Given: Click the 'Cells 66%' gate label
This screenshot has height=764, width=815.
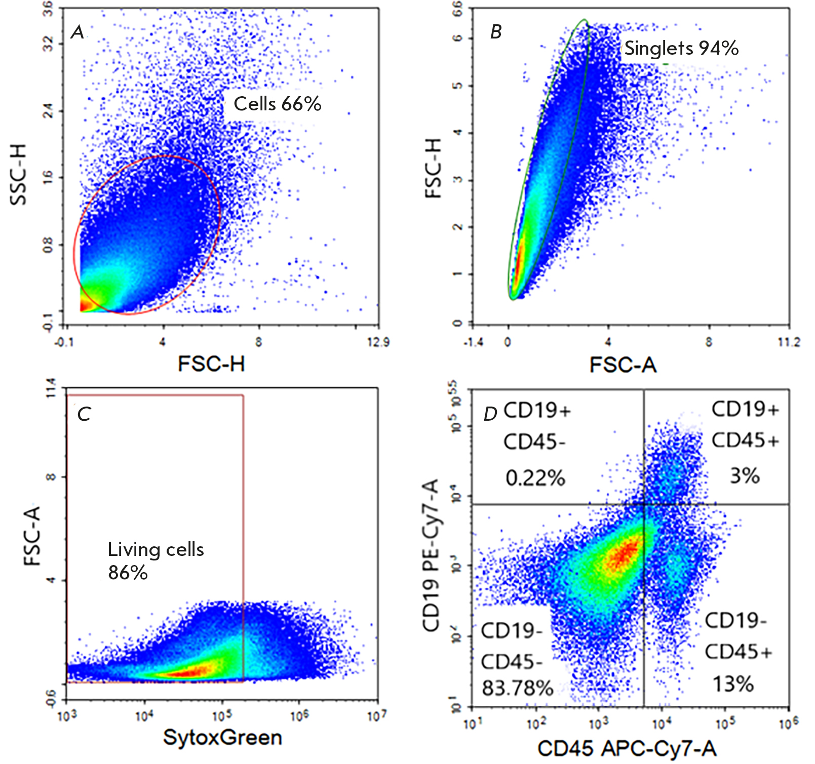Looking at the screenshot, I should [277, 104].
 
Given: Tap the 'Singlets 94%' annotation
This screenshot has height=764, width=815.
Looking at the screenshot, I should [681, 48].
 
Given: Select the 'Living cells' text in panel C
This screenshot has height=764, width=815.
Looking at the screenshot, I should [156, 549].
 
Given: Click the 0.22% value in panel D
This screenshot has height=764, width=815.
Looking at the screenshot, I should [535, 477].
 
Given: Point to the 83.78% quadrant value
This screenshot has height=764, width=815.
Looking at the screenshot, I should [517, 688].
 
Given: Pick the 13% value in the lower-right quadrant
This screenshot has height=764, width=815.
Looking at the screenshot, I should [733, 685].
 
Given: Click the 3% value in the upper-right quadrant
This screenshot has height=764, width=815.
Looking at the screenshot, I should [744, 476].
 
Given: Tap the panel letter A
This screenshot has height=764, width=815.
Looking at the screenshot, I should [77, 32].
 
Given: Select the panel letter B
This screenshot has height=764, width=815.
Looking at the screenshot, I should [496, 32].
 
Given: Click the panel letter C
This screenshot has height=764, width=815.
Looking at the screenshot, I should [84, 414].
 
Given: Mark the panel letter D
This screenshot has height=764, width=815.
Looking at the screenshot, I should [490, 414].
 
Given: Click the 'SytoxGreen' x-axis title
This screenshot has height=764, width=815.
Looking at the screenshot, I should [222, 738].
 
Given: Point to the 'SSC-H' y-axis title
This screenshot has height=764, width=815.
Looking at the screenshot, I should [19, 175].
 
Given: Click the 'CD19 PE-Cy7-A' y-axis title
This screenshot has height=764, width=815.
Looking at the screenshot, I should [431, 555].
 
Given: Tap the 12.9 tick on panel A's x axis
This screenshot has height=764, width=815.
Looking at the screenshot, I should [378, 343].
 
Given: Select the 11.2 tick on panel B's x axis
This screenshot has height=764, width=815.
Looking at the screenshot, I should [789, 343].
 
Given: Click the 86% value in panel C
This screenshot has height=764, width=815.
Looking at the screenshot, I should [128, 573].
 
